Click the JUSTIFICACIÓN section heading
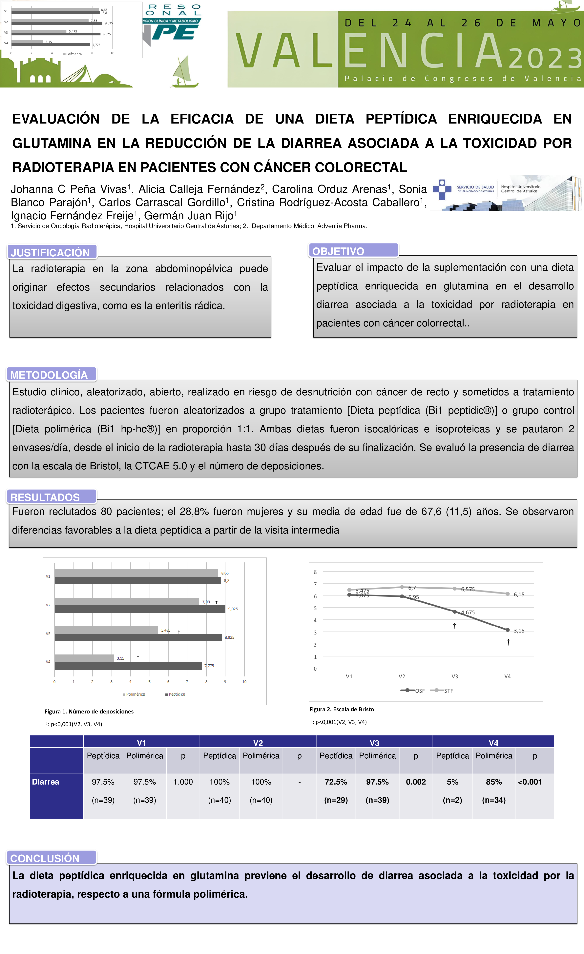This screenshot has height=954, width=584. [50, 252]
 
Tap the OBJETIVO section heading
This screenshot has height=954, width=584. [338, 251]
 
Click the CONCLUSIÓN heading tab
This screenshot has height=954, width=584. [45, 858]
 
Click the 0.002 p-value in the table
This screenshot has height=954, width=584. [416, 782]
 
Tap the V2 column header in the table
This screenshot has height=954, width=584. [258, 743]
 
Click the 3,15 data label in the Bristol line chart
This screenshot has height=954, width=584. [519, 631]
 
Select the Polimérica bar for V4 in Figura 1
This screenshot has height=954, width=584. [84, 658]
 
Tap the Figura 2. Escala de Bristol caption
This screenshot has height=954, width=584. [342, 709]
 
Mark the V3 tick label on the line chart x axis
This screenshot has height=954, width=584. [455, 676]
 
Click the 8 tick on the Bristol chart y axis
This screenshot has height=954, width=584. [315, 572]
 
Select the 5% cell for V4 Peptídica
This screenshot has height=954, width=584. [452, 782]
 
